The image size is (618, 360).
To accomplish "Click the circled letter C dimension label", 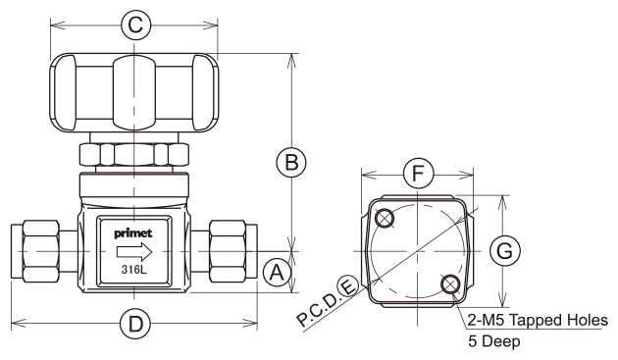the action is [135, 26].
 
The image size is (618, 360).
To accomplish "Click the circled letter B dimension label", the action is [291, 162].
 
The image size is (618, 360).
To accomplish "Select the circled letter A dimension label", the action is [277, 272].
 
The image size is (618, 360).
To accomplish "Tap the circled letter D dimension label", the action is [135, 324].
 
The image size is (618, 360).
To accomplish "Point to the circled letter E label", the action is [348, 286].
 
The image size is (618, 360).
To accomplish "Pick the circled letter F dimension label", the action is [418, 174].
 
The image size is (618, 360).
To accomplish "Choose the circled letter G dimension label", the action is [505, 251].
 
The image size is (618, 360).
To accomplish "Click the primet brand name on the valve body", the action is [133, 233].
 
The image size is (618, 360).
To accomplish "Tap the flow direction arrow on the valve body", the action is [134, 251].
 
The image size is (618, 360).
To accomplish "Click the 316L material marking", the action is [134, 270].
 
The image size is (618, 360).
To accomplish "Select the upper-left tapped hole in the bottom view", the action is [385, 218].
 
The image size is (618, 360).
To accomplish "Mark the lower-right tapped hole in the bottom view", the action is [450, 283].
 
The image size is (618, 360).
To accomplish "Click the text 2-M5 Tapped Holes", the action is [538, 320].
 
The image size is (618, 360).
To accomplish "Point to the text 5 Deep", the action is [493, 341].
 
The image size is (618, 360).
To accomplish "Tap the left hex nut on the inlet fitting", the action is [41, 251].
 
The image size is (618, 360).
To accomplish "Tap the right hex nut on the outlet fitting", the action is [228, 251].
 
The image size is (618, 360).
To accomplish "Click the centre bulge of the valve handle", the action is [134, 92].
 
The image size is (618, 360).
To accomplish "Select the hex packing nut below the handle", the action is [134, 154].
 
